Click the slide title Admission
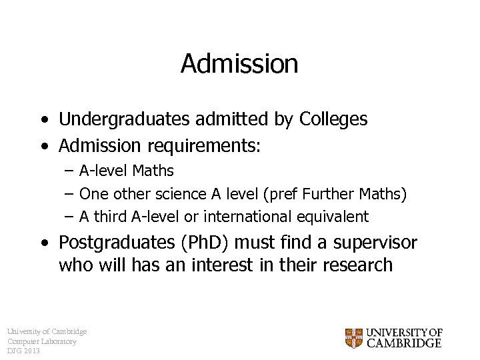click(x=239, y=64)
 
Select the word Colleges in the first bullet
click(x=333, y=119)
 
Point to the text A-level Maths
click(x=126, y=171)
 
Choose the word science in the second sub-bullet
click(x=181, y=194)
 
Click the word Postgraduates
click(x=111, y=243)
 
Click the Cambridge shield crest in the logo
click(x=353, y=338)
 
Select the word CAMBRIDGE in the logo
click(x=405, y=343)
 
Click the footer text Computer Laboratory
click(x=42, y=341)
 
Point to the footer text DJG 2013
click(x=24, y=351)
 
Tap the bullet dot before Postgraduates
click(x=44, y=243)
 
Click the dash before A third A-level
click(x=69, y=217)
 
